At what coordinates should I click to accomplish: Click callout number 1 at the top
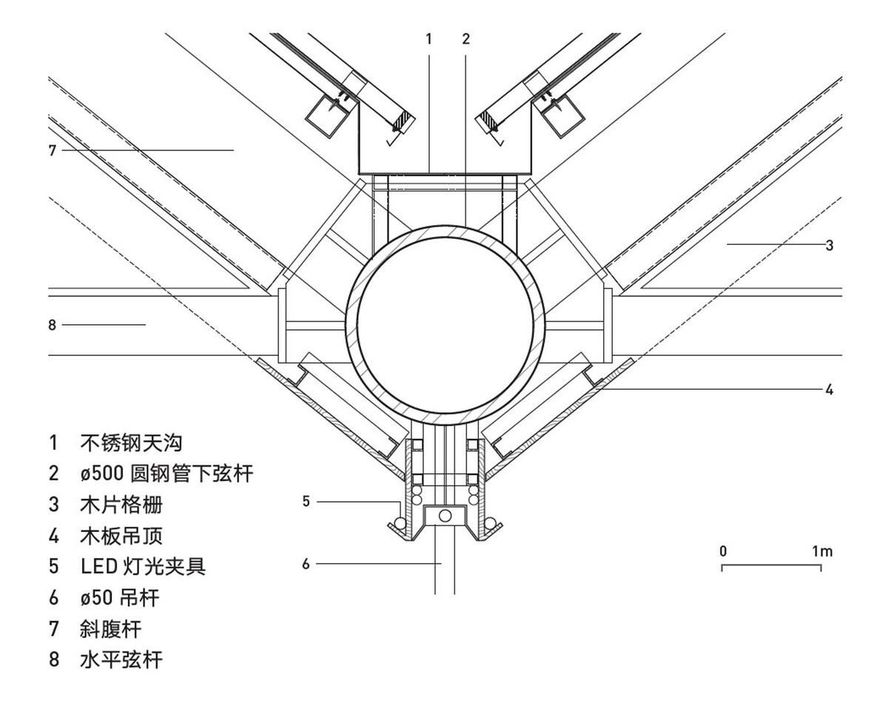[x=428, y=39]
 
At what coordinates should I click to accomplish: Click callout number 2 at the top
[x=465, y=39]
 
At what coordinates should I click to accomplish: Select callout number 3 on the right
[x=830, y=245]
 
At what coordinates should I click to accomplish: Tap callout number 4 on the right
[x=830, y=389]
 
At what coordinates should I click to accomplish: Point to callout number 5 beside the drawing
[x=306, y=502]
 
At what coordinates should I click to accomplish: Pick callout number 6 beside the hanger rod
[x=306, y=564]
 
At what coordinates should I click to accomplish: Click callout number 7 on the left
[x=53, y=150]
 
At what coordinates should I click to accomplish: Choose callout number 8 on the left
[x=53, y=324]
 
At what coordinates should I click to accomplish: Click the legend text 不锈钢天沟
[x=131, y=443]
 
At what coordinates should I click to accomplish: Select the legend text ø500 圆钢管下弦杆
[x=166, y=474]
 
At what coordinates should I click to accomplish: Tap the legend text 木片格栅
[x=121, y=505]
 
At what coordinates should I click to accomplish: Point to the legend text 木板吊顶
[x=121, y=535]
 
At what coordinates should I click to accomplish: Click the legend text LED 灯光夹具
[x=143, y=566]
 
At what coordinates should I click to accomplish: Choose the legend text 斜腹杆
[x=110, y=628]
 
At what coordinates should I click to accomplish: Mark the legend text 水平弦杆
[x=121, y=659]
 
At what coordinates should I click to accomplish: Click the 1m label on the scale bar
[x=821, y=551]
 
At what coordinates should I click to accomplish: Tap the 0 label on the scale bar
[x=722, y=551]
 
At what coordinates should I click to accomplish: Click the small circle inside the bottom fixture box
[x=445, y=515]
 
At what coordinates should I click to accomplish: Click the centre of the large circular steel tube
[x=445, y=325]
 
